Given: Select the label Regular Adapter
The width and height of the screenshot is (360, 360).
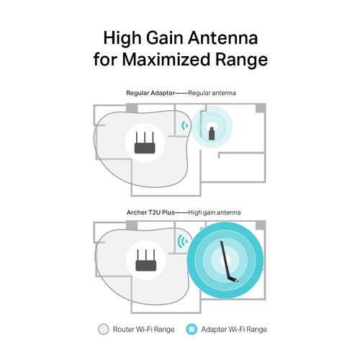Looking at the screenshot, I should coord(149,93).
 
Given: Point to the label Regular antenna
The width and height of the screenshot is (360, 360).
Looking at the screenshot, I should coord(214,93).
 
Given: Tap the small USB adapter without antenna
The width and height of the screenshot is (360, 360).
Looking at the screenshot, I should coord(212,132).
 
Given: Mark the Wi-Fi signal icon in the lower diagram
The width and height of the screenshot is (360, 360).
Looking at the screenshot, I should coord(183,241).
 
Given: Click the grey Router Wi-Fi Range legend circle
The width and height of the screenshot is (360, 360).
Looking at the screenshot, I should coord(103,329).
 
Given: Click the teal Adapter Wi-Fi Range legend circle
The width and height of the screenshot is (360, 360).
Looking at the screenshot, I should coord(190,329).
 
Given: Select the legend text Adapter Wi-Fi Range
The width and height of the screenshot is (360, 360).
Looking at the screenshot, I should coord(233,329).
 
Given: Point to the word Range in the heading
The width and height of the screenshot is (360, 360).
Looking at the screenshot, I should coord(237,60).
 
